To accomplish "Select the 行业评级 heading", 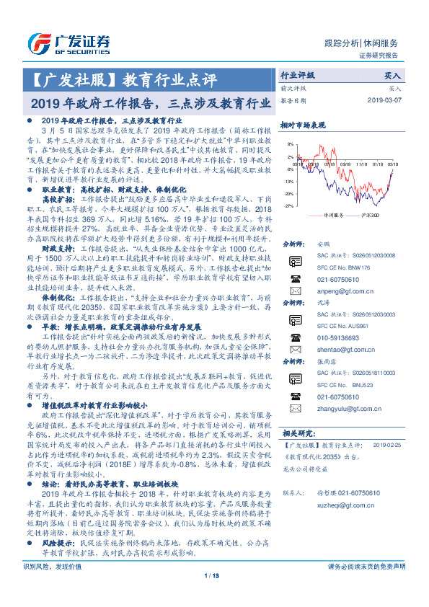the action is click(298, 75).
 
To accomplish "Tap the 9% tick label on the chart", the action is click(289, 144).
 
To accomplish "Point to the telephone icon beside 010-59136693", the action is click(296, 336).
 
